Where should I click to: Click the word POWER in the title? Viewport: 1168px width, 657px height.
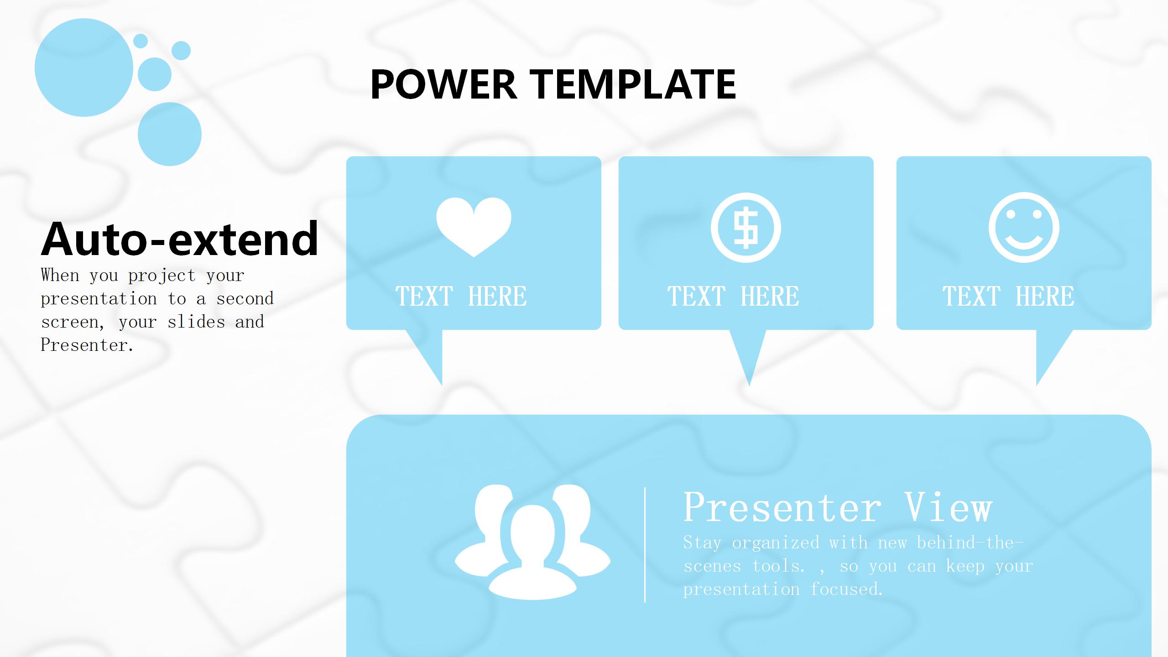pos(443,84)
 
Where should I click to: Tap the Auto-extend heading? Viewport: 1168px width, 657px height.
pos(180,239)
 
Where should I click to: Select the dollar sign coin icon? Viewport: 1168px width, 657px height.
pos(746,228)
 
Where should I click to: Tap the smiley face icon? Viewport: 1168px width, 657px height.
pos(1024,228)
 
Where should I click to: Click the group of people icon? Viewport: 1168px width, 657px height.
pos(532,542)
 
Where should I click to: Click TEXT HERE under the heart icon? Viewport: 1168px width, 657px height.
pos(461,296)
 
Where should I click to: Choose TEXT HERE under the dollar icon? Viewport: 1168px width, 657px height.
pos(733,296)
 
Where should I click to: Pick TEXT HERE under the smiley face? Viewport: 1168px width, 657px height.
pos(1008,296)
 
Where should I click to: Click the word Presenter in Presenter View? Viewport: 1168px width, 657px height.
pos(782,507)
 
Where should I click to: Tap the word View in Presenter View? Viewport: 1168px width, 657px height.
pos(949,507)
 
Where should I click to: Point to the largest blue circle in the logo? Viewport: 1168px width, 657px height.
pos(84,68)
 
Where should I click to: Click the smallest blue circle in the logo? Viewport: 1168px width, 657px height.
pos(141,41)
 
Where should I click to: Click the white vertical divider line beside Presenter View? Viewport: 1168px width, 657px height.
pos(645,545)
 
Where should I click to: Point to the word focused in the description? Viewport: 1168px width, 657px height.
pos(847,589)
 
